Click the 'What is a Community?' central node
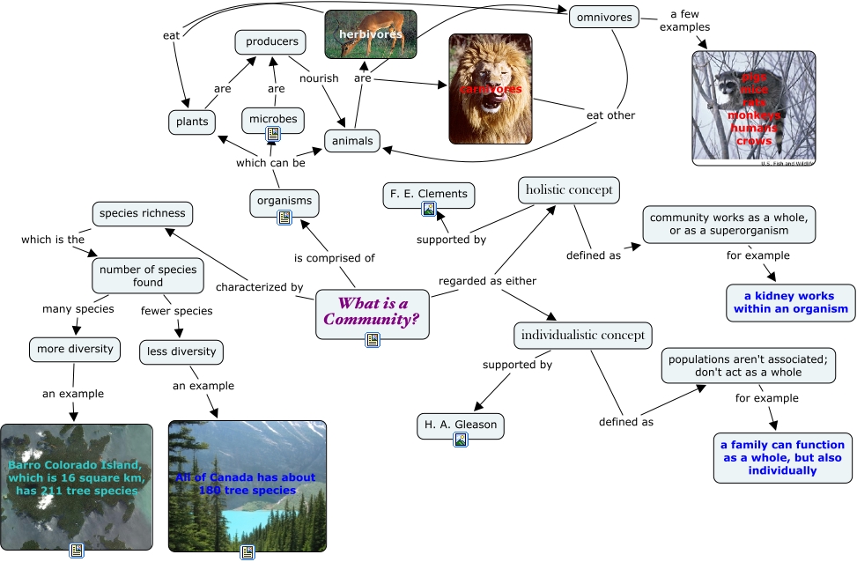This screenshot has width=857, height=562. pyautogui.click(x=373, y=312)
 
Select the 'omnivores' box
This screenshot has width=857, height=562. pyautogui.click(x=603, y=17)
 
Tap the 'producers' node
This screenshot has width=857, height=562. pyautogui.click(x=271, y=41)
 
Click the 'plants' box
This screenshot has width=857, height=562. pyautogui.click(x=192, y=122)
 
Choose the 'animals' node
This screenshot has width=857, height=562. pyautogui.click(x=352, y=140)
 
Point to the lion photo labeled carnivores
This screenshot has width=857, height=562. pyautogui.click(x=491, y=89)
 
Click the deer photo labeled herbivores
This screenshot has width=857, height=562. pyautogui.click(x=370, y=34)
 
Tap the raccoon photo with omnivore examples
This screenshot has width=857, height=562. pyautogui.click(x=754, y=107)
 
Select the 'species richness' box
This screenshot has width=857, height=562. pyautogui.click(x=143, y=213)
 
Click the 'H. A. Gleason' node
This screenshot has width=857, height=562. pyautogui.click(x=460, y=425)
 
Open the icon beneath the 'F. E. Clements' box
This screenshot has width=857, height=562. pyautogui.click(x=429, y=210)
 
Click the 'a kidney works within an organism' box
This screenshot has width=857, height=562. pyautogui.click(x=790, y=302)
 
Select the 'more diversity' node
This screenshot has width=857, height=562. pyautogui.click(x=75, y=349)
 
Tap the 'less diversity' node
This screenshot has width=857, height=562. pyautogui.click(x=181, y=351)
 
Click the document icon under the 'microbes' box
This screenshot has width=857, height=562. pyautogui.click(x=273, y=134)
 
